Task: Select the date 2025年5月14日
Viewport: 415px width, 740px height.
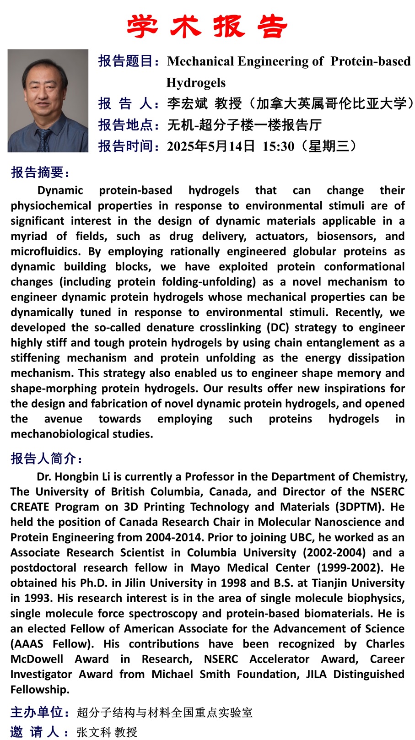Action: [x=210, y=146]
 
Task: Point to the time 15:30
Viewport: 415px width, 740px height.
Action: [x=278, y=146]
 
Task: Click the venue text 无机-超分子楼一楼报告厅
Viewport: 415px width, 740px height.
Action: [x=244, y=124]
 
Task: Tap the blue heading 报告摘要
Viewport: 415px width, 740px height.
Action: [x=40, y=172]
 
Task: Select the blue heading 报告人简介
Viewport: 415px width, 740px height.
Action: [x=46, y=458]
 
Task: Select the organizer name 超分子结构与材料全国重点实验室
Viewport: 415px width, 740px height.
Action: [x=165, y=712]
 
